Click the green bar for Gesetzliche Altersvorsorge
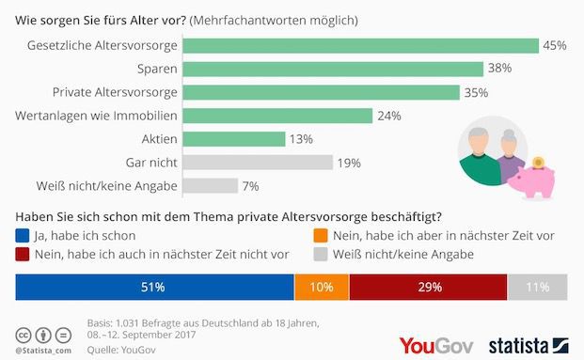(358, 45)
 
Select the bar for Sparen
(331, 69)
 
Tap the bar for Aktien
(232, 139)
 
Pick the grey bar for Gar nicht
(257, 162)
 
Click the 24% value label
(389, 116)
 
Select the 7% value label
(250, 185)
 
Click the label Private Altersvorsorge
(114, 92)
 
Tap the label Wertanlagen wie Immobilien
(97, 116)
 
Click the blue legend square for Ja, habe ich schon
(24, 236)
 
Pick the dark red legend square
(24, 254)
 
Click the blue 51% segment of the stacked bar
(154, 286)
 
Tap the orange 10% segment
(322, 286)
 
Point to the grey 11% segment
(538, 286)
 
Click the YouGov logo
(437, 345)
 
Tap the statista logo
(528, 345)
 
